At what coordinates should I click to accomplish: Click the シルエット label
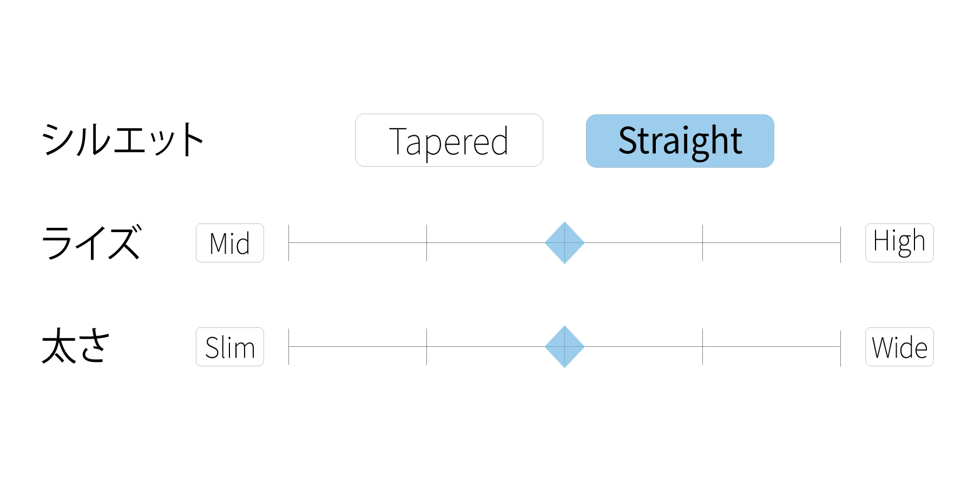pyautogui.click(x=123, y=140)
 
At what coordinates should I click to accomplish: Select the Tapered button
pyautogui.click(x=449, y=140)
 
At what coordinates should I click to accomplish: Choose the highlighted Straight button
pyautogui.click(x=680, y=141)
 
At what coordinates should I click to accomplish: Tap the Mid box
pyautogui.click(x=230, y=243)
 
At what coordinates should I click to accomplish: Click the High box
pyautogui.click(x=899, y=243)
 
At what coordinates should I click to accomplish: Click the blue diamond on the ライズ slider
pyautogui.click(x=564, y=243)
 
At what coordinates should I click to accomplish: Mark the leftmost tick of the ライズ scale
pyautogui.click(x=289, y=243)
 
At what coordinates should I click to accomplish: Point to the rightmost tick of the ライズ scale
pyautogui.click(x=840, y=245)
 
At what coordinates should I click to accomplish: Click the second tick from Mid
pyautogui.click(x=427, y=243)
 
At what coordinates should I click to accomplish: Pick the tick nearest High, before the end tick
pyautogui.click(x=702, y=243)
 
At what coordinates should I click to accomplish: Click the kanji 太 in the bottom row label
pyautogui.click(x=59, y=346)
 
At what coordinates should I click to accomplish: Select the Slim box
pyautogui.click(x=230, y=347)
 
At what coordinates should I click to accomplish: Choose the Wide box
pyautogui.click(x=899, y=347)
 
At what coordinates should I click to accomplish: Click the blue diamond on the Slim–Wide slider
pyautogui.click(x=564, y=347)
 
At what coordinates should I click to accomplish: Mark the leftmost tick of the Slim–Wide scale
pyautogui.click(x=289, y=347)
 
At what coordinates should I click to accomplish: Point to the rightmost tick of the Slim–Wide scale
pyautogui.click(x=840, y=348)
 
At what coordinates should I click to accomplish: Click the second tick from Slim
pyautogui.click(x=427, y=347)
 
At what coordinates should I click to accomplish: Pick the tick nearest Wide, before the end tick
pyautogui.click(x=702, y=347)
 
